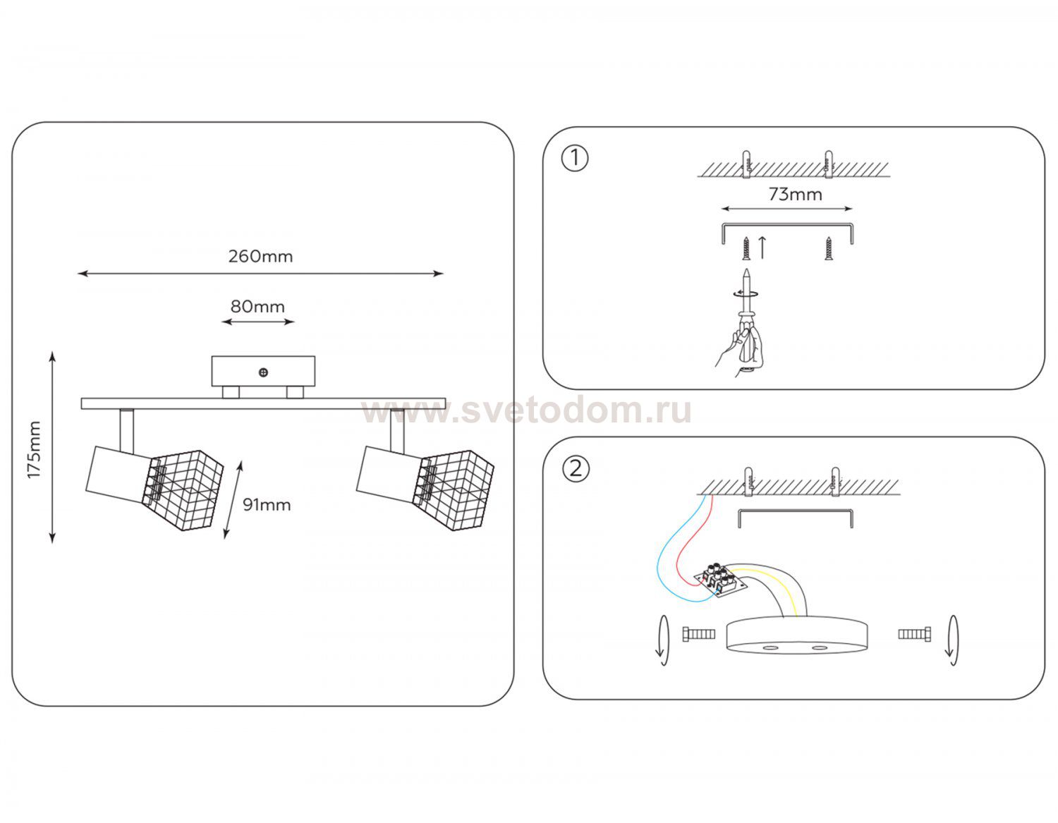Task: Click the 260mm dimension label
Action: pyautogui.click(x=260, y=257)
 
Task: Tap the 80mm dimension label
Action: pyautogui.click(x=257, y=307)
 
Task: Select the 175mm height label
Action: pyautogui.click(x=34, y=449)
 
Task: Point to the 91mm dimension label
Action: pyautogui.click(x=267, y=505)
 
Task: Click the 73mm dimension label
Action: pyautogui.click(x=795, y=195)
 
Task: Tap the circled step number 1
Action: pyautogui.click(x=575, y=158)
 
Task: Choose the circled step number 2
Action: pyautogui.click(x=576, y=469)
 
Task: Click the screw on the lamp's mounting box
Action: pyautogui.click(x=263, y=372)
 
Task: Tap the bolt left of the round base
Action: pyautogui.click(x=699, y=634)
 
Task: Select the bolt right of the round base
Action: pyautogui.click(x=914, y=634)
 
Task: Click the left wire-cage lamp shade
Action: pyautogui.click(x=183, y=489)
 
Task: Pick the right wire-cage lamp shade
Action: pyautogui.click(x=454, y=489)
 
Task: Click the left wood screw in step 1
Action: pyautogui.click(x=746, y=248)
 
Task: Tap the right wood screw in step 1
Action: pyautogui.click(x=828, y=248)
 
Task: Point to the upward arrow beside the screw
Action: pyautogui.click(x=762, y=248)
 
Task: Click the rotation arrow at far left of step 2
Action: pyautogui.click(x=662, y=640)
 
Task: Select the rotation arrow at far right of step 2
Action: pyautogui.click(x=952, y=640)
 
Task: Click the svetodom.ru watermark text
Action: pyautogui.click(x=527, y=411)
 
